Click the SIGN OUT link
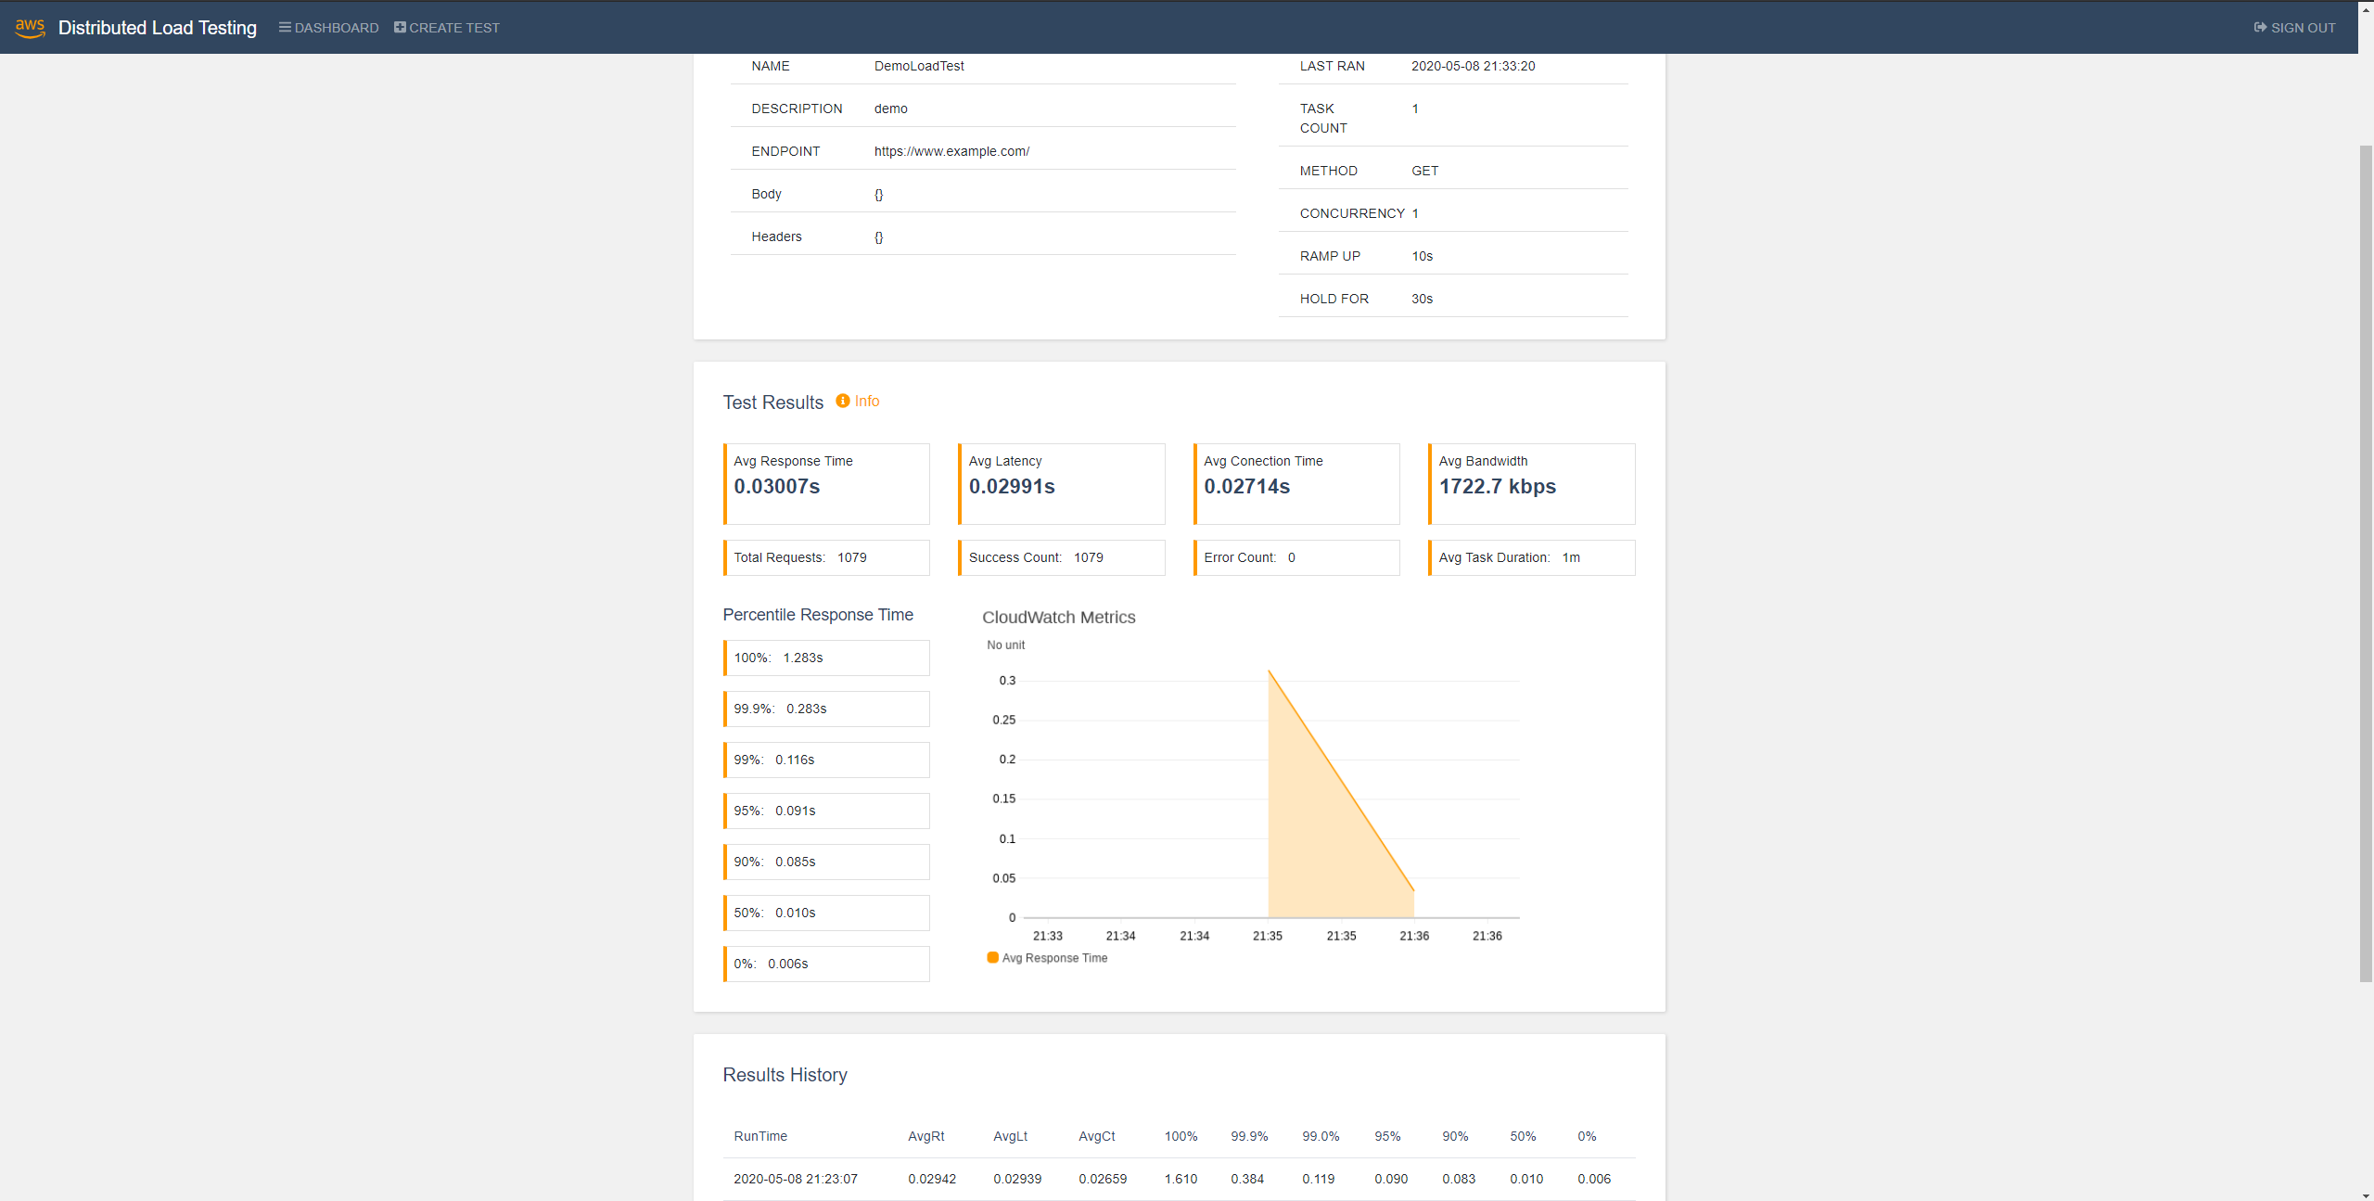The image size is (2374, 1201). click(2294, 28)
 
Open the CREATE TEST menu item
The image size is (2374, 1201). click(447, 28)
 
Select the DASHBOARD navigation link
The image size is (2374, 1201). click(329, 28)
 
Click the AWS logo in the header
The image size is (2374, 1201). click(30, 28)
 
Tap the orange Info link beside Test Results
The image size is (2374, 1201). click(858, 401)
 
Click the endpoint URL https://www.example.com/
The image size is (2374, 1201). click(951, 151)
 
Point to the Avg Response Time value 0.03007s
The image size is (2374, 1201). click(777, 486)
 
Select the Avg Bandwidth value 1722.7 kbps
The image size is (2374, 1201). click(1498, 486)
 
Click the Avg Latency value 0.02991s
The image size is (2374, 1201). click(1012, 486)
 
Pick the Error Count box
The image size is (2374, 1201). click(1296, 557)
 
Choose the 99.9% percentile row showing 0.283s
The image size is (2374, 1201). click(826, 709)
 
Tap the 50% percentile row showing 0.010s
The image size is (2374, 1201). click(826, 913)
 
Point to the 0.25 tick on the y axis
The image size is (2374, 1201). click(1004, 720)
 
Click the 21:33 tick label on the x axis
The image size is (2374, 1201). click(1048, 936)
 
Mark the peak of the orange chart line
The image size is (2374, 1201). click(1269, 670)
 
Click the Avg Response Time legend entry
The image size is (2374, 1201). click(1047, 958)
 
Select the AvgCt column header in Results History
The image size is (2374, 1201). click(1097, 1136)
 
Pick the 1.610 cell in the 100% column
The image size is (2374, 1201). click(1181, 1179)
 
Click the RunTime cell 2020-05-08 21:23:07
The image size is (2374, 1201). click(796, 1179)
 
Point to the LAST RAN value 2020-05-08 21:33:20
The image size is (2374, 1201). click(1474, 66)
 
